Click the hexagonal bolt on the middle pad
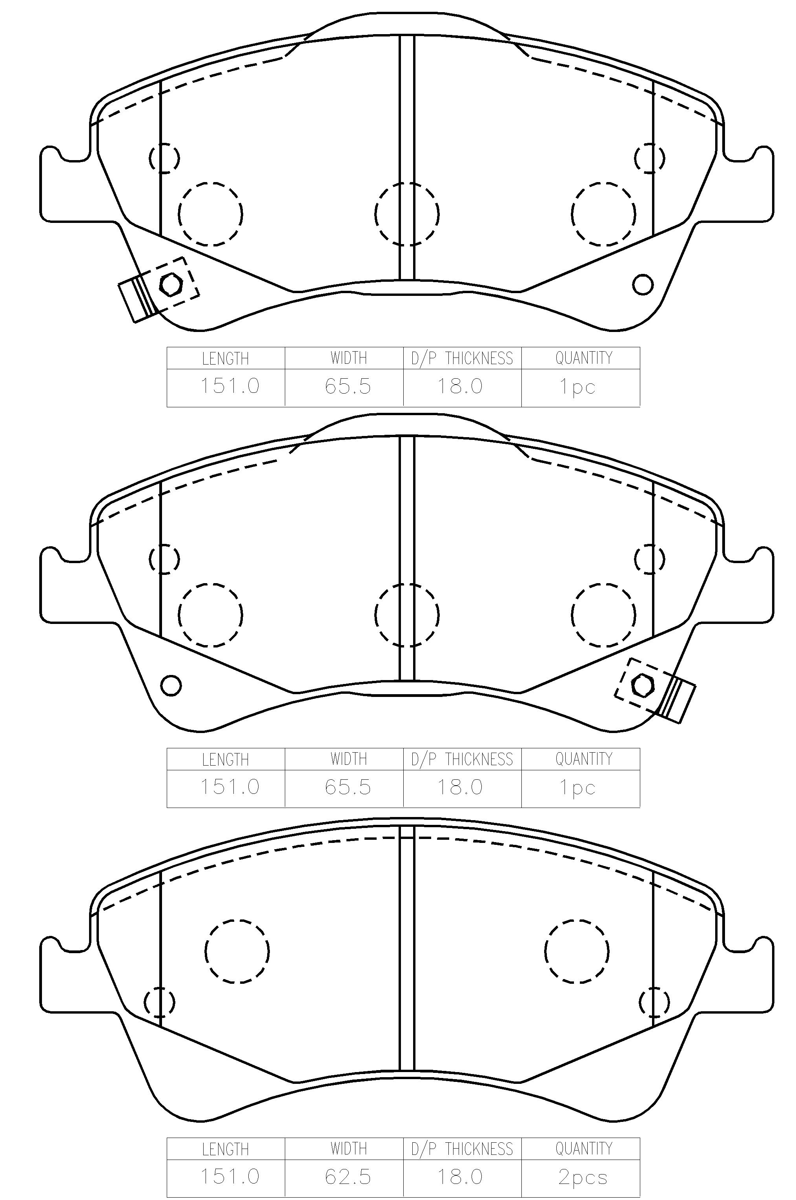pos(643,685)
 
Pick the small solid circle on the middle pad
pos(171,685)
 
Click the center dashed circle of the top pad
pos(407,214)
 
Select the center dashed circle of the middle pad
pos(407,615)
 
